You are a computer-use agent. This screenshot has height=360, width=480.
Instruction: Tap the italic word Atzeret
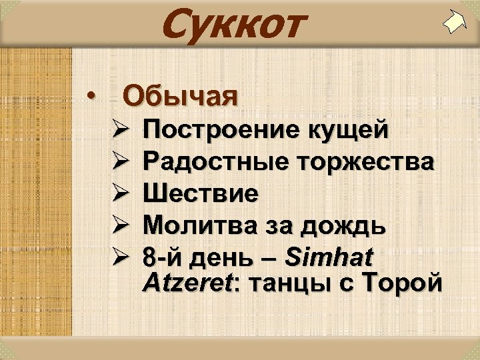[186, 283]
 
